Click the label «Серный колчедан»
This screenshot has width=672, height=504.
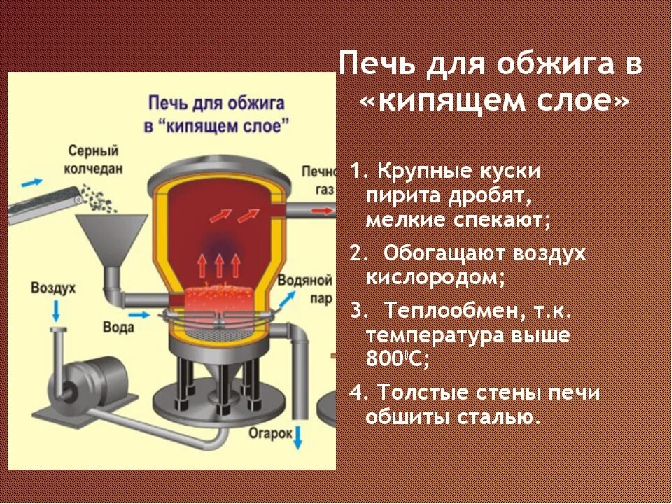point(94,159)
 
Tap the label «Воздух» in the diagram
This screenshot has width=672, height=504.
point(54,288)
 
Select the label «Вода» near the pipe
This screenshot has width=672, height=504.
point(118,327)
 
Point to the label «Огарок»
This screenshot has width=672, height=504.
point(269,433)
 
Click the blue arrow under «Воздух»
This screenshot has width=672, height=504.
point(55,309)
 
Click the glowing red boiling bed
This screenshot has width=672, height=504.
point(218,299)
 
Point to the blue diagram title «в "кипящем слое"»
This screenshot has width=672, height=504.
point(216,126)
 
